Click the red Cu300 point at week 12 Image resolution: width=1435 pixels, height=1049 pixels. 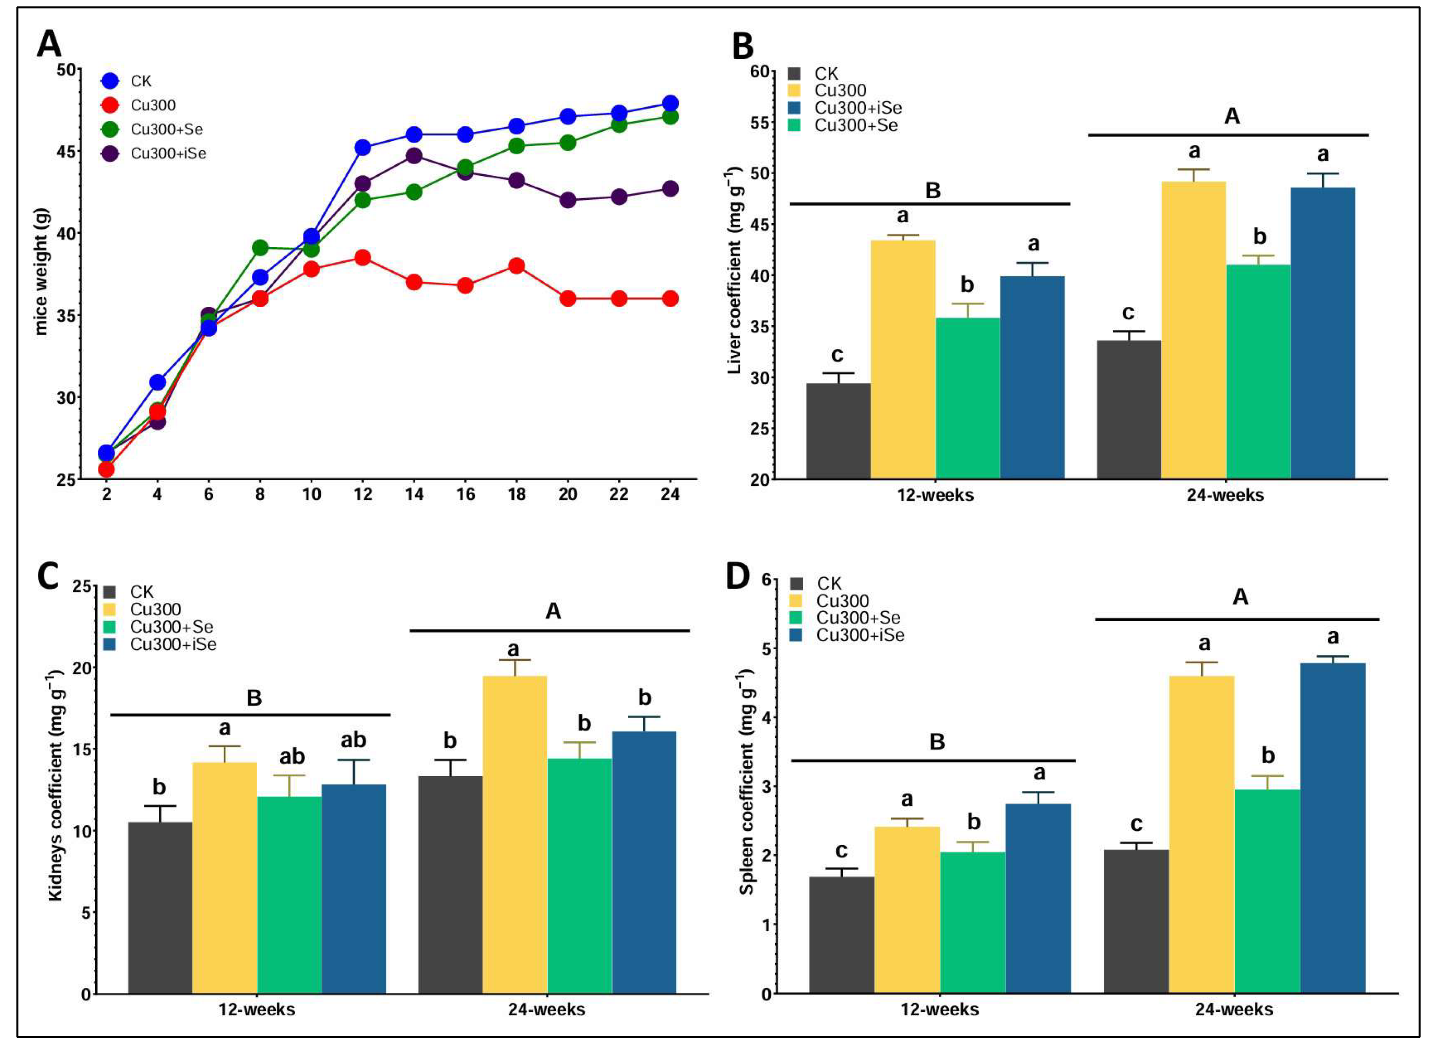point(362,257)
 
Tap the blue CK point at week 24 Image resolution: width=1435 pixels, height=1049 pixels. point(669,103)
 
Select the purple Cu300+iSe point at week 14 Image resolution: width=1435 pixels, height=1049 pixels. point(414,155)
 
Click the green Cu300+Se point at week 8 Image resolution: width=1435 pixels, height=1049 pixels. point(259,247)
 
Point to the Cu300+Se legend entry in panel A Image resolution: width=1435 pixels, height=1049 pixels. point(166,129)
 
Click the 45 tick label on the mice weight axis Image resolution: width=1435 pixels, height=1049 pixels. point(65,151)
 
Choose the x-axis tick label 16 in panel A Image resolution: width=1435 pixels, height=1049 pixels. point(465,494)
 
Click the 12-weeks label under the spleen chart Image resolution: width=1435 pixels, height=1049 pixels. point(939,1009)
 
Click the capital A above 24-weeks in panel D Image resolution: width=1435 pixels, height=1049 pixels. point(1240,597)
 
